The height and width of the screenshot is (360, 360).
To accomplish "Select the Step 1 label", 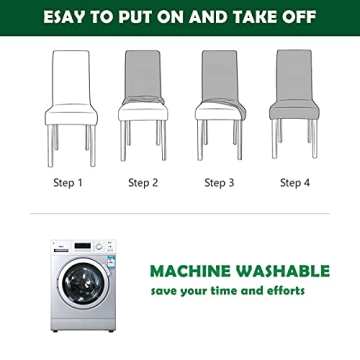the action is pos(68,183).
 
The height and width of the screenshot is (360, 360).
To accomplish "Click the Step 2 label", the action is pos(143,183).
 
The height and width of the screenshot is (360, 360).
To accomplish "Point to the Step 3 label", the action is pos(219,183).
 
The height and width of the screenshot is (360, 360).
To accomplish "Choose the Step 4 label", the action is pos(295,183).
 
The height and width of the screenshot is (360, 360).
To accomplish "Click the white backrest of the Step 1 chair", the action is pos(71,77).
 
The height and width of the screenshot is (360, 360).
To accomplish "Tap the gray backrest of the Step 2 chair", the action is pos(143,74).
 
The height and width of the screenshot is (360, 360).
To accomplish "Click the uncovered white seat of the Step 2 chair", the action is pos(143,112).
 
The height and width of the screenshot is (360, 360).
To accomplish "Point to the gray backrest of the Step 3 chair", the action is pos(220,75).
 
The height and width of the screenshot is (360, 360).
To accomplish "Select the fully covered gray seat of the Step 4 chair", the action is pos(294,110).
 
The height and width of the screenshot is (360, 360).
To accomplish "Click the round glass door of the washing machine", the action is pos(84,283).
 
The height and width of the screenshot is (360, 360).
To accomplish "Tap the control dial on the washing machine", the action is pos(99,247).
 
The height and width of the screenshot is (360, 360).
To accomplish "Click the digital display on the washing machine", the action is pos(82,246).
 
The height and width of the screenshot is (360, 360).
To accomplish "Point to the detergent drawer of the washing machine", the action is pos(61,247).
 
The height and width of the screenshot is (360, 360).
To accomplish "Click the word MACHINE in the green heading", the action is pos(190,271).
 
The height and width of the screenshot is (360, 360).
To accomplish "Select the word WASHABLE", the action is pos(283,271).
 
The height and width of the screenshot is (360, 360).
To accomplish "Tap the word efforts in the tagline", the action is pos(286,290).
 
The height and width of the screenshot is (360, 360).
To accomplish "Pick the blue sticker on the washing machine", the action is pos(111,260).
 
